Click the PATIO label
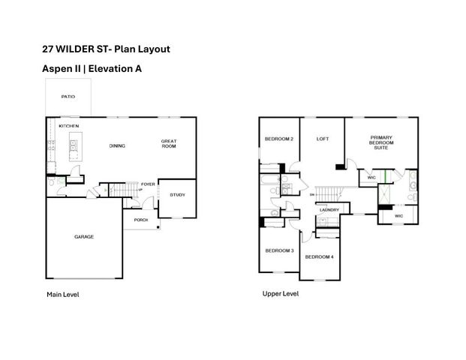(68, 97)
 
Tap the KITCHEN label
(69, 126)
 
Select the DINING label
(117, 145)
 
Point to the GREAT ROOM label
(169, 143)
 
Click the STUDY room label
(177, 195)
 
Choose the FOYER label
(148, 183)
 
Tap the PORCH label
(140, 220)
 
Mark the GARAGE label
(83, 236)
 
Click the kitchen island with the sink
(74, 148)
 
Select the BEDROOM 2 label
(278, 139)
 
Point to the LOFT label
(323, 139)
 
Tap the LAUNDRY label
(329, 210)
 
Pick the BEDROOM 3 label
(278, 250)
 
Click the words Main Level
(62, 295)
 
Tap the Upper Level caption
(280, 294)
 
